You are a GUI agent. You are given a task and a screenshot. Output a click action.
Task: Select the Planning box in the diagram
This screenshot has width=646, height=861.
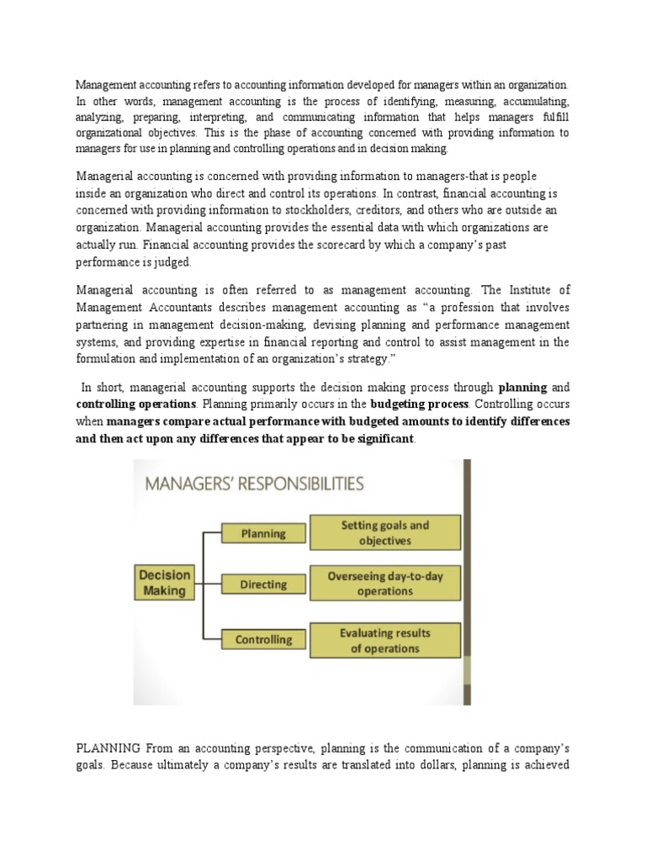(x=262, y=533)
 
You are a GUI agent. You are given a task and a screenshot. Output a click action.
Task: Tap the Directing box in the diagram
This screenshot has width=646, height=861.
(x=262, y=584)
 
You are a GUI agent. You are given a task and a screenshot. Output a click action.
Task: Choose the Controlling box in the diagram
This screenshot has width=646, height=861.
(x=262, y=640)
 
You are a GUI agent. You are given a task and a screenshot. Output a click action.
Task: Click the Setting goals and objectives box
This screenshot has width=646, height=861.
(x=384, y=533)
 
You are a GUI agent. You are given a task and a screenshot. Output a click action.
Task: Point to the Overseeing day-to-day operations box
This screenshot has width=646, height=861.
(x=384, y=584)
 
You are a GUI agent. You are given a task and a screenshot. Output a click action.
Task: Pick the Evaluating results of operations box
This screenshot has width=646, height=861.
(x=384, y=641)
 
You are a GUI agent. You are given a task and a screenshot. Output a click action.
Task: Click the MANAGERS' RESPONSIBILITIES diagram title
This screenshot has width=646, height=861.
(x=255, y=483)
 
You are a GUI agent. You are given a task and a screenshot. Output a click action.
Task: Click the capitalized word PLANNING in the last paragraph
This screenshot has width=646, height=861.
(x=109, y=748)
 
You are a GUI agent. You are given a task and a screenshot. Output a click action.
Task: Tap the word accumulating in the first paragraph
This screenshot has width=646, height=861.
(x=535, y=102)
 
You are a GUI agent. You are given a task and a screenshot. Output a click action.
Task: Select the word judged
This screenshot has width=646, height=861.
(x=172, y=262)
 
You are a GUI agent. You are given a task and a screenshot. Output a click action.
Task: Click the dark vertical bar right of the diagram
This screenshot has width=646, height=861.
(x=467, y=580)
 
